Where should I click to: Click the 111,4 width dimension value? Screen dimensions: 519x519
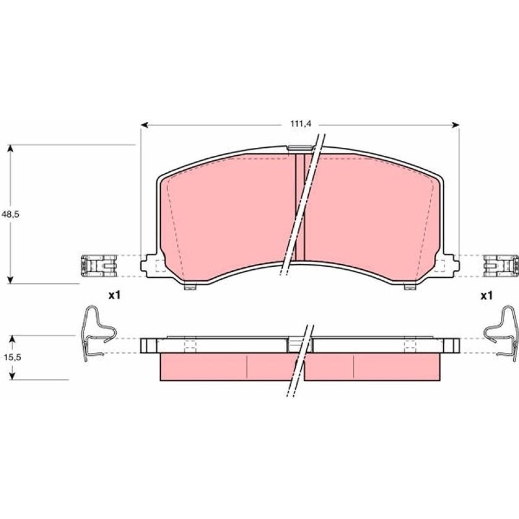[301, 124]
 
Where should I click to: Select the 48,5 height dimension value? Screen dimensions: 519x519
[10, 214]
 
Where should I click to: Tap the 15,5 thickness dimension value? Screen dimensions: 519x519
[12, 357]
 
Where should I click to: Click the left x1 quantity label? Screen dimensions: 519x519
[115, 295]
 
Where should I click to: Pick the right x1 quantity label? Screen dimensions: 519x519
[487, 295]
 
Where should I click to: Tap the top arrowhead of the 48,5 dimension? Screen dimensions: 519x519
[10, 148]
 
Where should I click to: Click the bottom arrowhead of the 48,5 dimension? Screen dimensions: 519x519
[10, 280]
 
